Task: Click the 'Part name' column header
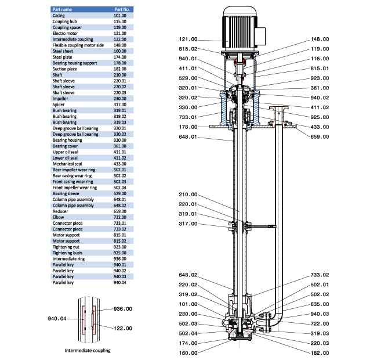click(x=63, y=10)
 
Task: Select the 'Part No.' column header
click(x=122, y=10)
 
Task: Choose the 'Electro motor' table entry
click(x=65, y=33)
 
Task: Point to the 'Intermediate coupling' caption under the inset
click(x=87, y=351)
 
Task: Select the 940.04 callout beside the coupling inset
click(x=57, y=319)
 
